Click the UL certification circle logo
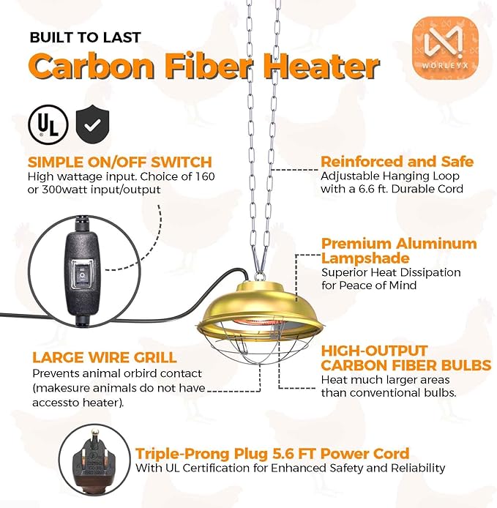48,124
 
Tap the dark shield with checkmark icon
92,125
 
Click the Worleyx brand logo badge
446,49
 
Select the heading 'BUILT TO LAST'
85,37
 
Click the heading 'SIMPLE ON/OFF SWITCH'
119,162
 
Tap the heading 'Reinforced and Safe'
397,161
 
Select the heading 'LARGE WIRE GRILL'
105,358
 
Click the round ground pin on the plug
94,435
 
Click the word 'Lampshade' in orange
365,258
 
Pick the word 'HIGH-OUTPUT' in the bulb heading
374,351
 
